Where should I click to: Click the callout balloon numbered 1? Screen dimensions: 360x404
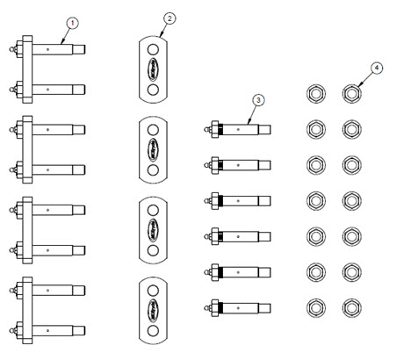[x=72, y=22]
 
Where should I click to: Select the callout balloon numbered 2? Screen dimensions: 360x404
[x=170, y=18]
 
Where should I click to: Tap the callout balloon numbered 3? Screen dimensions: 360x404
[x=257, y=101]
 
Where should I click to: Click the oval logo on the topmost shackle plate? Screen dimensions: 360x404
[x=155, y=68]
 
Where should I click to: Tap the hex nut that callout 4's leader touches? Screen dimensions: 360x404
[x=351, y=92]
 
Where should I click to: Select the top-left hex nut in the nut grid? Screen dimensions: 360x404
[x=315, y=92]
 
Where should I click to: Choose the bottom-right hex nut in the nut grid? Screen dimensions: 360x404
[x=351, y=307]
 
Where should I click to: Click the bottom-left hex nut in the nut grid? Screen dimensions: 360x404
[x=315, y=307]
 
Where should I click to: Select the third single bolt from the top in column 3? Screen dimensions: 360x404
[x=238, y=200]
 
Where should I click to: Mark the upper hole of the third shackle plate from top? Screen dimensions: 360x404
[x=155, y=209]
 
